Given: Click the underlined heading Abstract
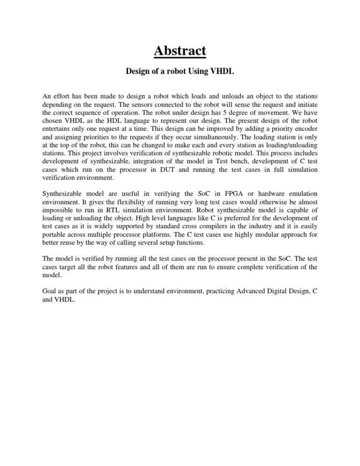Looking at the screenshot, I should click(180, 50).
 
